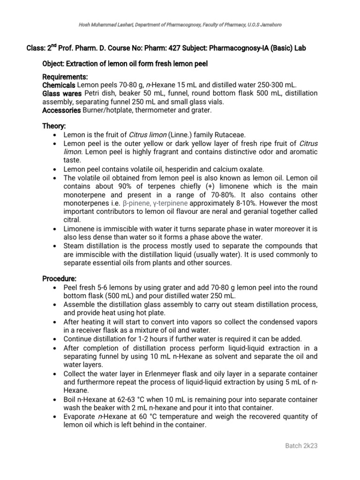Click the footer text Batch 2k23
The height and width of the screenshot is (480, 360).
[301, 445]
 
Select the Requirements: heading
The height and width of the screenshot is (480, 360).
[65, 76]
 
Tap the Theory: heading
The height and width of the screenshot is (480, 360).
[54, 126]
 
